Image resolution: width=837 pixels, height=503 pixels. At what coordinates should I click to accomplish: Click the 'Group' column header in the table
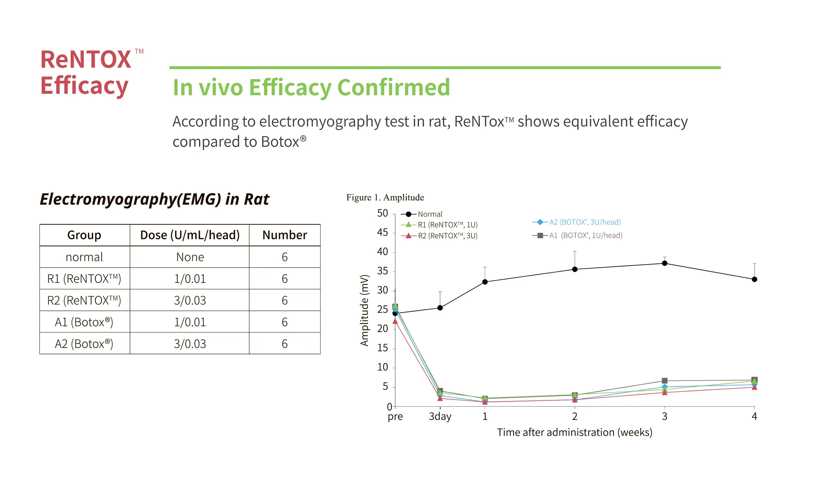click(84, 235)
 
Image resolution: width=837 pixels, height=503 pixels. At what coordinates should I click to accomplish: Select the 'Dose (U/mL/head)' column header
click(190, 235)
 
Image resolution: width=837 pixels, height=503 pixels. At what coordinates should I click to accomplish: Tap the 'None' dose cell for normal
click(190, 257)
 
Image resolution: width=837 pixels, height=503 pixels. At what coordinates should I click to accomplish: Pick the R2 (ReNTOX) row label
click(84, 300)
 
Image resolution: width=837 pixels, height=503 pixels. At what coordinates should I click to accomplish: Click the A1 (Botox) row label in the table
click(84, 322)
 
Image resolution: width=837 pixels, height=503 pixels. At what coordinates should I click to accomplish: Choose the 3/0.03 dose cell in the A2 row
click(190, 344)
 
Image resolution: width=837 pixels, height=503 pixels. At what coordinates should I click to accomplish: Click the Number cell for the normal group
click(285, 257)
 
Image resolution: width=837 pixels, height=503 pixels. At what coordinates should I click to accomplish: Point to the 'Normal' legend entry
click(422, 214)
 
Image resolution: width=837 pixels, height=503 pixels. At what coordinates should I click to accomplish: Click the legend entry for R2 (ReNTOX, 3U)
click(439, 236)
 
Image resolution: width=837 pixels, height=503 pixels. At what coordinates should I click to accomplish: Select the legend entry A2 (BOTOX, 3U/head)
click(577, 222)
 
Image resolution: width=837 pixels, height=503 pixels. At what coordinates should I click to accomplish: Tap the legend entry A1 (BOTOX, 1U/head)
click(578, 235)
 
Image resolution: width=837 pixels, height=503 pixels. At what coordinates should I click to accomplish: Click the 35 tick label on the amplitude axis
click(382, 271)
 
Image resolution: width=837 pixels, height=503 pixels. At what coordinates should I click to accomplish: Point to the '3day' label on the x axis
click(440, 417)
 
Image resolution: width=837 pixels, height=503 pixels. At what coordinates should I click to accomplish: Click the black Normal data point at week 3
click(665, 263)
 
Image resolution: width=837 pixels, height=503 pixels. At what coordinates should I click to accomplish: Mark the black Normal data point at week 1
click(485, 282)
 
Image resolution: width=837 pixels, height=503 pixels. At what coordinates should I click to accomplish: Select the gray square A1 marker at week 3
click(665, 381)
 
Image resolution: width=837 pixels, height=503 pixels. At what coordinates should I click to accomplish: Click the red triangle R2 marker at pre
click(395, 321)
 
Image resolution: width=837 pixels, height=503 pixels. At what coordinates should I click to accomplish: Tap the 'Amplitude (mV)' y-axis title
click(364, 310)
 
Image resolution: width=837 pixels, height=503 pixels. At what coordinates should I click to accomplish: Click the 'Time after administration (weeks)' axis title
click(574, 432)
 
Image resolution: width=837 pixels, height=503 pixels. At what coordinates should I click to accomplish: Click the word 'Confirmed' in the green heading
click(394, 87)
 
